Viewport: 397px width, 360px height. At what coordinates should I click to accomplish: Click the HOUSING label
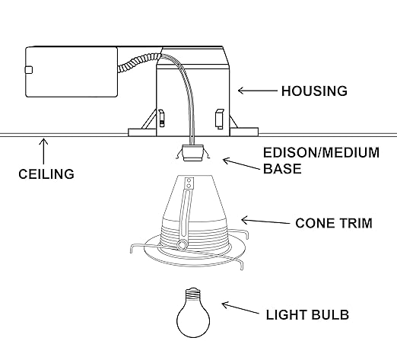[314, 91]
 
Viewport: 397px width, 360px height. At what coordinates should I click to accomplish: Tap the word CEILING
[46, 174]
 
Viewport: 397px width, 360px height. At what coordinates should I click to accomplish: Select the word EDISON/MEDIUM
[321, 153]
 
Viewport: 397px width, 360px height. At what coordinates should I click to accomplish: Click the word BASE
[282, 169]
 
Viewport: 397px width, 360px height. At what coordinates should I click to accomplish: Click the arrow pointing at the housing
[258, 91]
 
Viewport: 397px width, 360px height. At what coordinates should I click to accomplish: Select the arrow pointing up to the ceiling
[43, 151]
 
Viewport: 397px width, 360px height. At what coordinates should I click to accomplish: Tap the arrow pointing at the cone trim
[265, 221]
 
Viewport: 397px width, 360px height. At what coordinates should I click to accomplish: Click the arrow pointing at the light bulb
[240, 307]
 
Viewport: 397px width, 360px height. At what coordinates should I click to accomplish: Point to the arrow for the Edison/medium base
[241, 164]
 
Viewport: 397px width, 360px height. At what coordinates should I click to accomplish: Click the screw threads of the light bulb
[193, 294]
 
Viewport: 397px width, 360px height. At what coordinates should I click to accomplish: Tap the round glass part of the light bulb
[193, 319]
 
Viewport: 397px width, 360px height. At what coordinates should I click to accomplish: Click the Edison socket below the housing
[193, 153]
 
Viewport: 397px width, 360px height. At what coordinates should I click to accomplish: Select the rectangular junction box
[71, 72]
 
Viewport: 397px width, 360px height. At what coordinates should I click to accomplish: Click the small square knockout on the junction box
[29, 70]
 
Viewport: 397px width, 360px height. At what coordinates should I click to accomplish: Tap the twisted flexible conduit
[139, 63]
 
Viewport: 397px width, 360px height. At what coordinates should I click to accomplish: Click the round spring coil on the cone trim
[182, 245]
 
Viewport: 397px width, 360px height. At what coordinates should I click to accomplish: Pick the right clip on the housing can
[219, 119]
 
